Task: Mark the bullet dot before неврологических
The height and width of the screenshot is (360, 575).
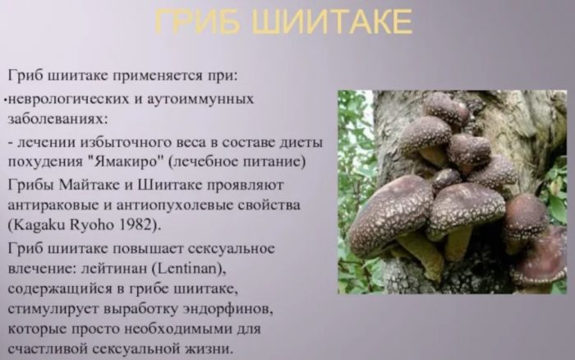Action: (6, 100)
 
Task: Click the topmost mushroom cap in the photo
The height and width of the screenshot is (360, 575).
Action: (446, 108)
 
